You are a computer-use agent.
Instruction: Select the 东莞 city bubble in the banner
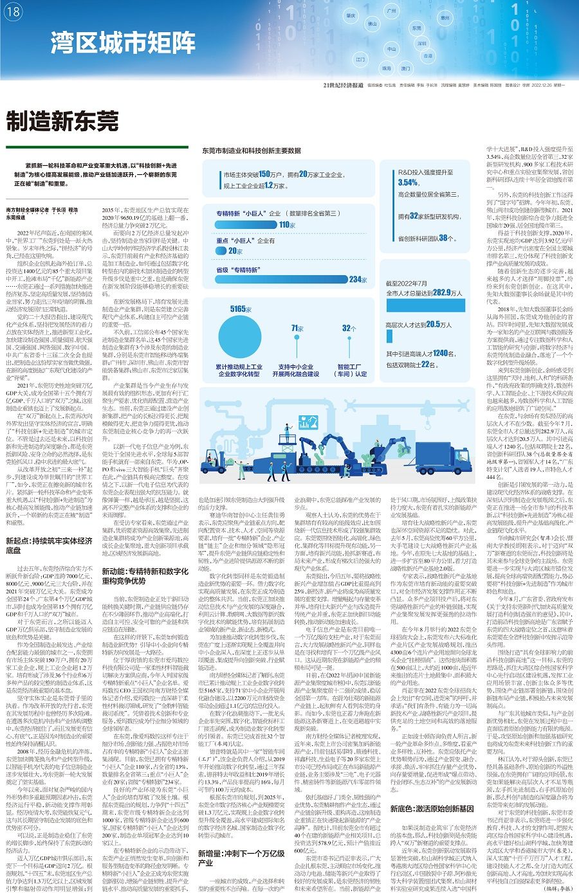point(416,28)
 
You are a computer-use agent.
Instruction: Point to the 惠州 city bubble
point(445,19)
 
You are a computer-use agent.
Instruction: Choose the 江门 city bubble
point(360,59)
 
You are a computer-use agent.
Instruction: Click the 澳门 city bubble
point(405,68)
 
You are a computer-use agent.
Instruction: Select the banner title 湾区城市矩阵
point(124,43)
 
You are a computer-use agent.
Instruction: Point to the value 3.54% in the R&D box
point(409,183)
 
